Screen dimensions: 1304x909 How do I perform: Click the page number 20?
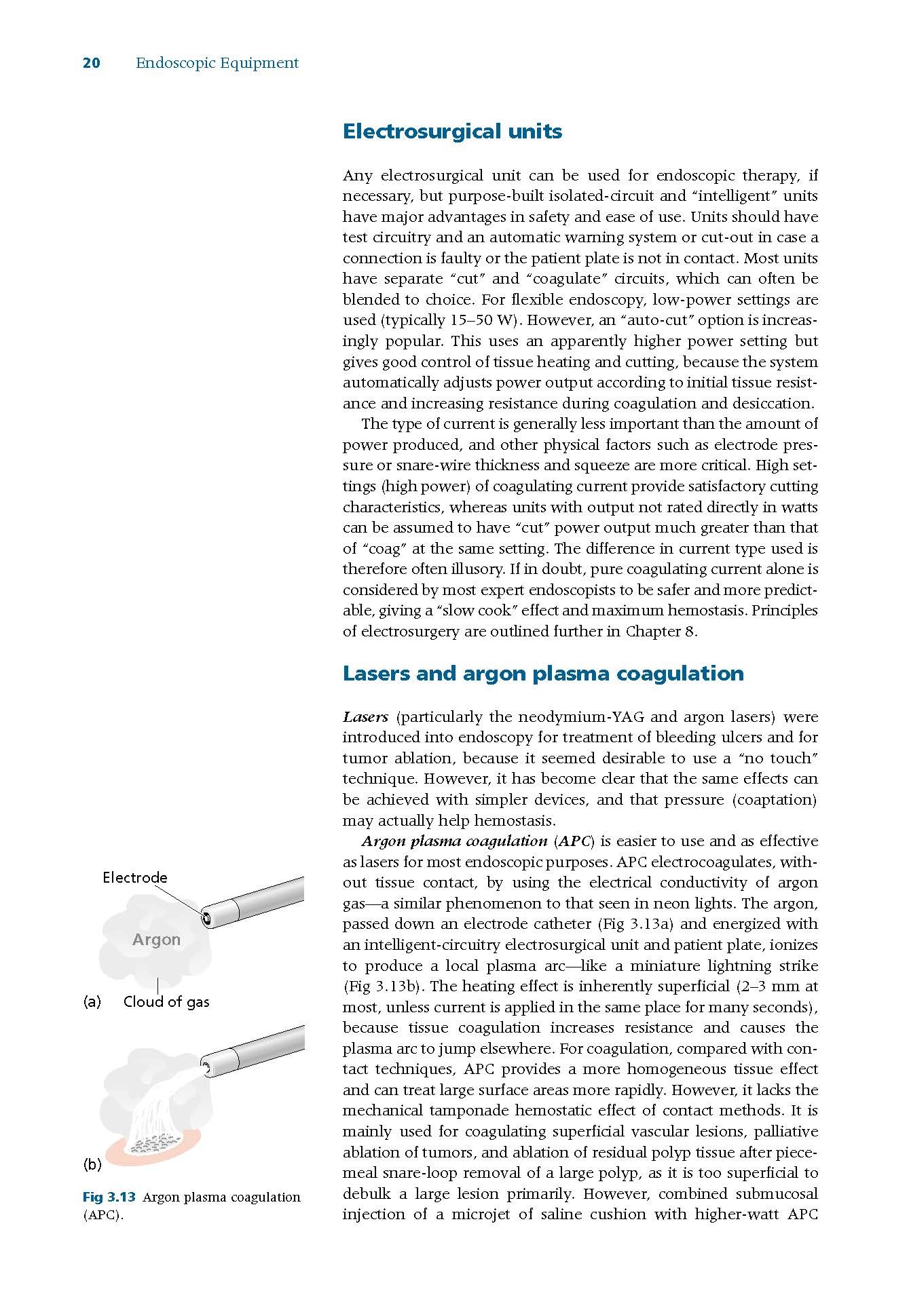[91, 63]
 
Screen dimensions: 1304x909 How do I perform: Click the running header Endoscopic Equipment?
[217, 63]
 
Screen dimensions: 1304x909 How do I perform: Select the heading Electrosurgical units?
[452, 131]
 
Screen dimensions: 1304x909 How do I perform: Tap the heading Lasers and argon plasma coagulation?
[543, 673]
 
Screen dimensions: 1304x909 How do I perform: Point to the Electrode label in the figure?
[134, 877]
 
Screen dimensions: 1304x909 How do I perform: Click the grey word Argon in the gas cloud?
[156, 940]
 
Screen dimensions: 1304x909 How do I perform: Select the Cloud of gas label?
[166, 1001]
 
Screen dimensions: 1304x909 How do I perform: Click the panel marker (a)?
[92, 1001]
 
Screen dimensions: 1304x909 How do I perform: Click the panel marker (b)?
[92, 1164]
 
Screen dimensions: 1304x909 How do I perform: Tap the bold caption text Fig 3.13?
[109, 1197]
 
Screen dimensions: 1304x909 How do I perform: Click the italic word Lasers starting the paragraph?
[365, 717]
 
